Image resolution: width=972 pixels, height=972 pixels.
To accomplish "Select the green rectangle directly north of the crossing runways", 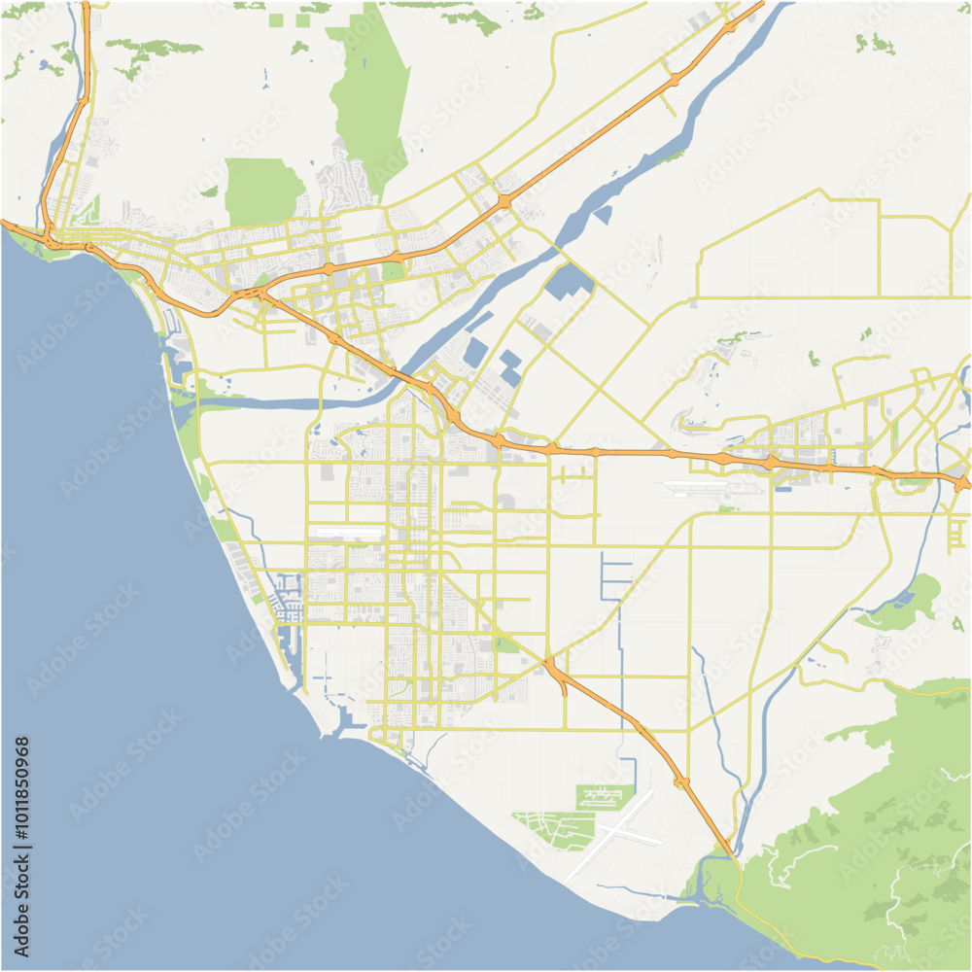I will tap(605, 797).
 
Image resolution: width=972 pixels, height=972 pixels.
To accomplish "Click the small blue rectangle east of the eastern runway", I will tap(783, 488).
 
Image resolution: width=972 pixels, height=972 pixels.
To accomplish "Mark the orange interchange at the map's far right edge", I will tap(960, 482).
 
